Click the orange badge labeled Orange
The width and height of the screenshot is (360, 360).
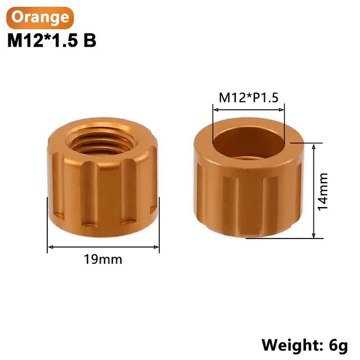pos(40,17)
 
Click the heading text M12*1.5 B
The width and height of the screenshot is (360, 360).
pos(52,40)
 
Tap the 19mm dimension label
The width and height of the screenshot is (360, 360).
pos(103,259)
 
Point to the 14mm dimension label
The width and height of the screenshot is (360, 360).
pos(322,192)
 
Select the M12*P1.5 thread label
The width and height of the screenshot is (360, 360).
pos(249,97)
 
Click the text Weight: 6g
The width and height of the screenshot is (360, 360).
pos(305,345)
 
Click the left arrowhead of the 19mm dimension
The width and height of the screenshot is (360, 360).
pos(51,247)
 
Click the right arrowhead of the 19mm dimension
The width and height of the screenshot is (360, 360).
pos(156,247)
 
